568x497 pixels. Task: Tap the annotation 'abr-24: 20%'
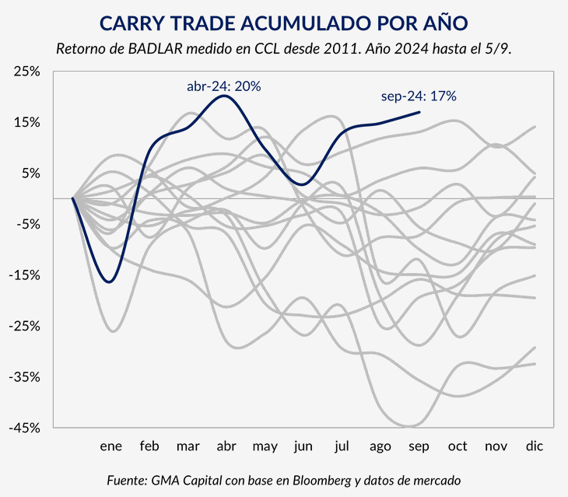[223, 86]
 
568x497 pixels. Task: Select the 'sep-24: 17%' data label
[418, 96]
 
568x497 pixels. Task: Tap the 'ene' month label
[111, 446]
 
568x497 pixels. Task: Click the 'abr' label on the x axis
[226, 446]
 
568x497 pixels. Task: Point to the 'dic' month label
[534, 446]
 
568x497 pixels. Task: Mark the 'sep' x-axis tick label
[419, 446]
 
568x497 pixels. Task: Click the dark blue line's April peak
[225, 96]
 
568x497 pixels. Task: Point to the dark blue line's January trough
[109, 282]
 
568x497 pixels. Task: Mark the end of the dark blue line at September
[419, 112]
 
